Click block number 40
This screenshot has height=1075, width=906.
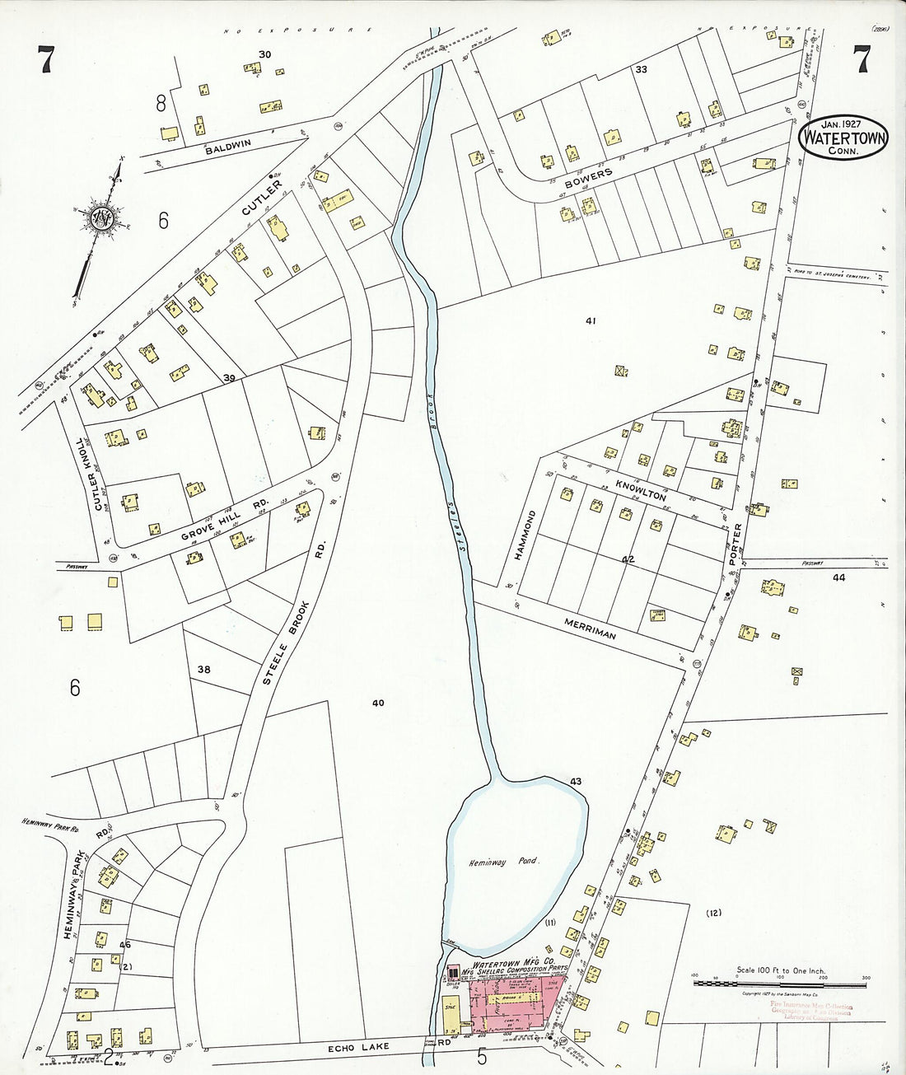pos(378,703)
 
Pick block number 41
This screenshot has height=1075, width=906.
pos(590,320)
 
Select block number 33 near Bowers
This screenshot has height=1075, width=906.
pos(641,70)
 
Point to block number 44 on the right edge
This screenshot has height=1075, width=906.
pos(838,578)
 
